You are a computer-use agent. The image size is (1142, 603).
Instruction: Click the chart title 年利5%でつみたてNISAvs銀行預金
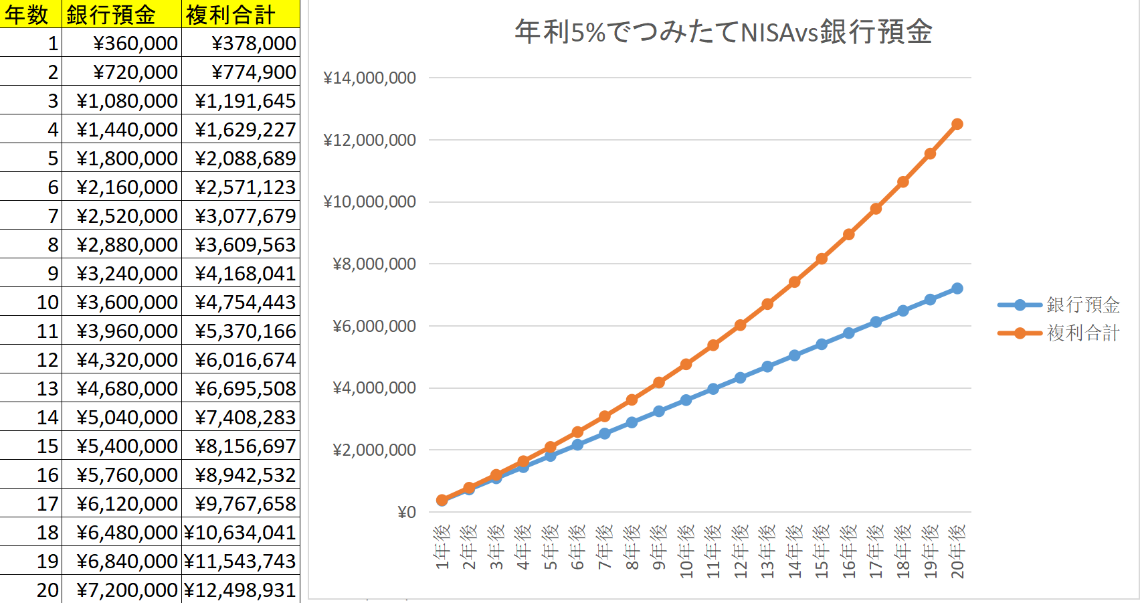tap(723, 32)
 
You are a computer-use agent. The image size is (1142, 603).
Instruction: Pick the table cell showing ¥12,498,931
tap(240, 590)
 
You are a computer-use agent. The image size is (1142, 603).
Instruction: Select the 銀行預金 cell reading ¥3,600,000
tap(127, 302)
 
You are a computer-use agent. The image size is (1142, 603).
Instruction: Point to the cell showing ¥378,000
tap(254, 43)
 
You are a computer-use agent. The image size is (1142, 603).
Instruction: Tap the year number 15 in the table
tap(47, 446)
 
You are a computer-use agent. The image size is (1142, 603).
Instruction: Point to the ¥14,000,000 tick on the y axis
tap(369, 78)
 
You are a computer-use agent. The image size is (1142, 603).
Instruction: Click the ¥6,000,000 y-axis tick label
tap(374, 326)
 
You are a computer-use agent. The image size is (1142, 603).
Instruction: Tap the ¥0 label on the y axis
tap(407, 512)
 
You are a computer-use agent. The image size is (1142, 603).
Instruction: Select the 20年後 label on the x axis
tap(957, 551)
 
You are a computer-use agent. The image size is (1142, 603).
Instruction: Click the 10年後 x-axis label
tap(686, 551)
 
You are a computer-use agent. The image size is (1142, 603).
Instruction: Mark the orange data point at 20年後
tap(957, 124)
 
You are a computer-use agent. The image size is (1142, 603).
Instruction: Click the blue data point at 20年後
tap(957, 288)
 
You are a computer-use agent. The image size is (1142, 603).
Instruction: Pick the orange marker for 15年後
tap(822, 258)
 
